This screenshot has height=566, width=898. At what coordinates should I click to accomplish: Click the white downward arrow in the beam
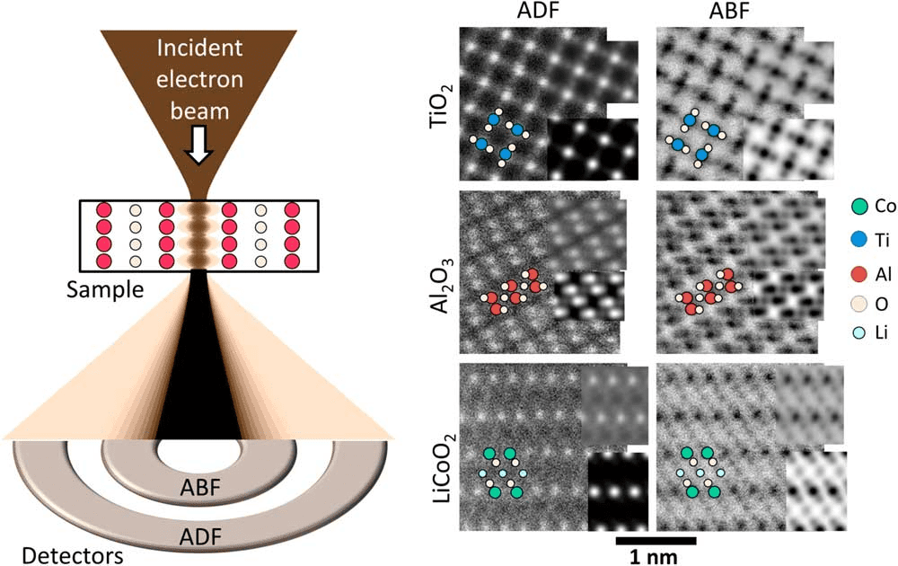[x=198, y=146]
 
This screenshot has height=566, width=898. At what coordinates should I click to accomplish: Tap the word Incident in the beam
[x=199, y=49]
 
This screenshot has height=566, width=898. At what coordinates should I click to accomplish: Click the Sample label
[x=105, y=290]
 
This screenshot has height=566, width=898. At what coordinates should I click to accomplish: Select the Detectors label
[x=72, y=555]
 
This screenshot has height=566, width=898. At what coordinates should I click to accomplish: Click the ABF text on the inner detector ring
[x=200, y=488]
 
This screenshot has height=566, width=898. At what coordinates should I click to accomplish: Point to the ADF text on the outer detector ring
[x=200, y=536]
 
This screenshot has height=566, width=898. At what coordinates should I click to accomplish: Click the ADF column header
[x=538, y=11]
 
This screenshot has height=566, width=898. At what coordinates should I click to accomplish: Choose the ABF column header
[x=729, y=11]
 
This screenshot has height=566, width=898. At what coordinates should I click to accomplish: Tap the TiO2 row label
[x=441, y=105]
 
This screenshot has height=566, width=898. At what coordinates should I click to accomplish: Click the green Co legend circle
[x=859, y=207]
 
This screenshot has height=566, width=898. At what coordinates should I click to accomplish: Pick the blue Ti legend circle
[x=859, y=241]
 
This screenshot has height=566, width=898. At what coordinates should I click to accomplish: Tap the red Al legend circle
[x=859, y=274]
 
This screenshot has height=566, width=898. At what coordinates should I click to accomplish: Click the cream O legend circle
[x=859, y=305]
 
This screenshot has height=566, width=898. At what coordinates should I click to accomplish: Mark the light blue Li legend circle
[x=859, y=332]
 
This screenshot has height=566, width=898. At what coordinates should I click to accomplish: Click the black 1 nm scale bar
[x=656, y=540]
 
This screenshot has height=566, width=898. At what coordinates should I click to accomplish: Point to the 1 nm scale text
[x=654, y=557]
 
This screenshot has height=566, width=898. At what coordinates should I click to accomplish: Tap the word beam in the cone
[x=199, y=111]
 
